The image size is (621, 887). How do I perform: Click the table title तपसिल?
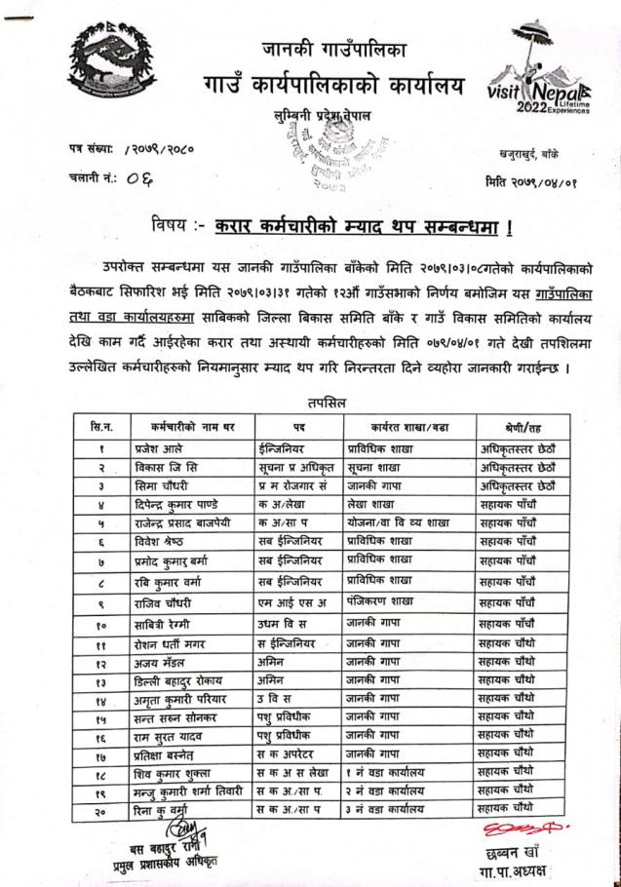[x=324, y=402]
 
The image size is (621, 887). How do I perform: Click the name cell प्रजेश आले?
[x=155, y=450]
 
